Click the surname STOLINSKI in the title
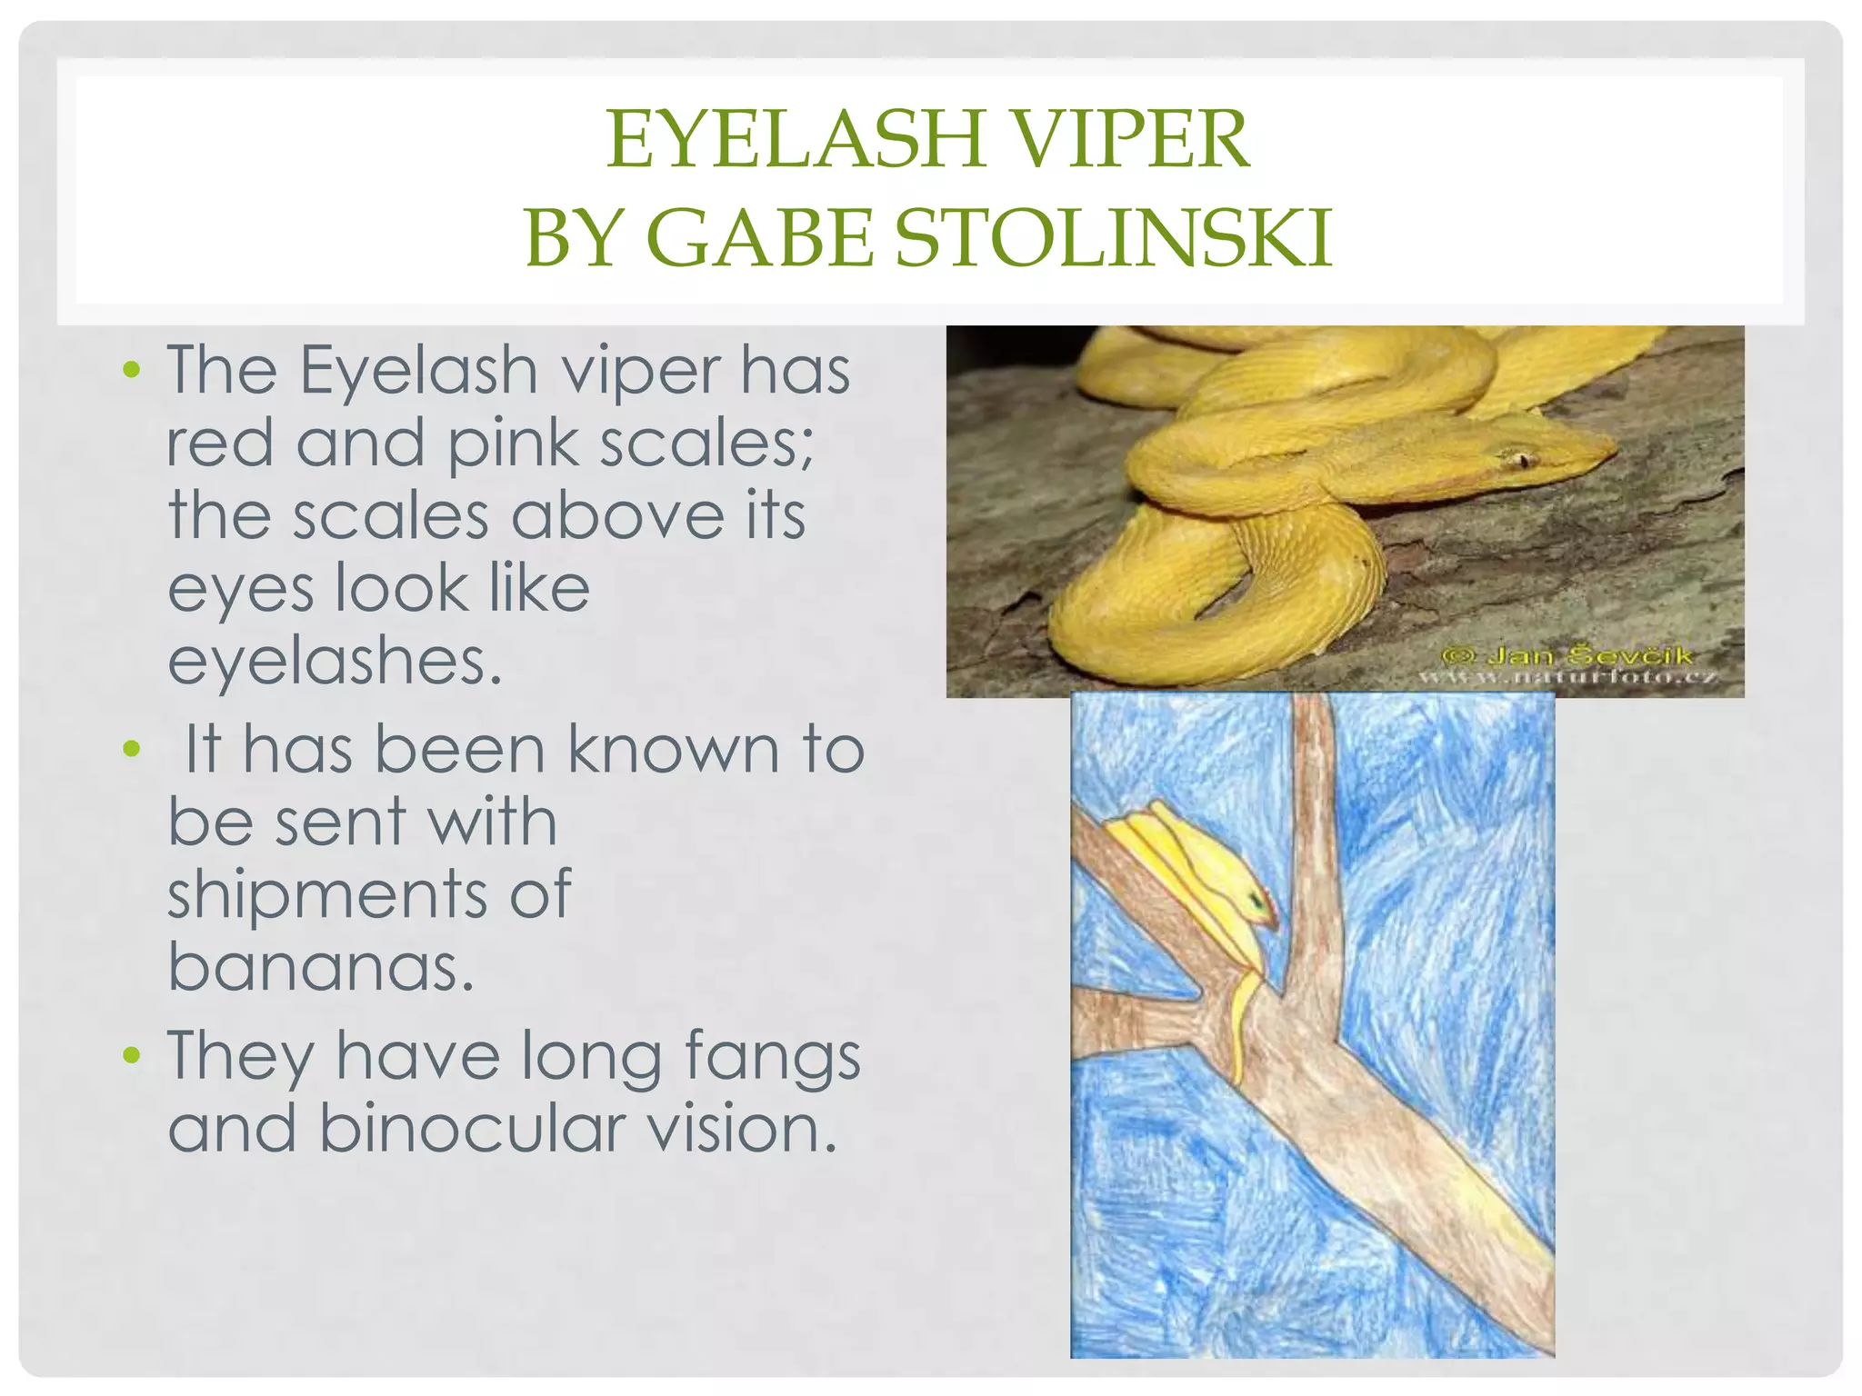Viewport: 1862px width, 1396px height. (x=1113, y=238)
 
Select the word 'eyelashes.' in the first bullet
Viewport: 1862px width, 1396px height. (x=335, y=662)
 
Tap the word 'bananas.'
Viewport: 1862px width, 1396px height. (x=321, y=967)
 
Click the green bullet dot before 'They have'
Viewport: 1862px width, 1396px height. (x=133, y=1055)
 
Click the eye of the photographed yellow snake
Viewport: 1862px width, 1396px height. (x=1521, y=460)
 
